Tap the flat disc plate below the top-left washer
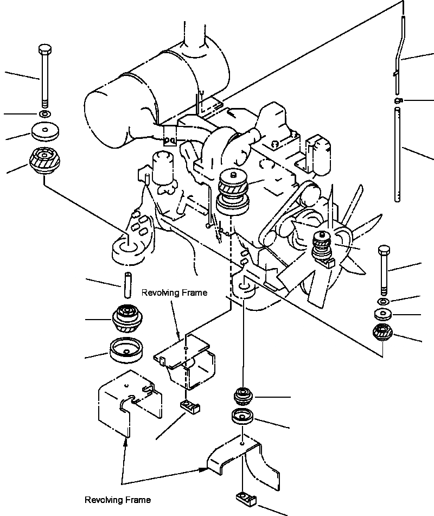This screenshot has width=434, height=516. [x=45, y=132]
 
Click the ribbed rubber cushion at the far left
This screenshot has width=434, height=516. [x=44, y=161]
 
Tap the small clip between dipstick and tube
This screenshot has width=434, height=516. [x=398, y=100]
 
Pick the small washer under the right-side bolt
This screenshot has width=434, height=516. [x=383, y=301]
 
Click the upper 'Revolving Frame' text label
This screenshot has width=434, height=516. [x=174, y=293]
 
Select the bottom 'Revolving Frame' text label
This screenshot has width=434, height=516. [x=118, y=500]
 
